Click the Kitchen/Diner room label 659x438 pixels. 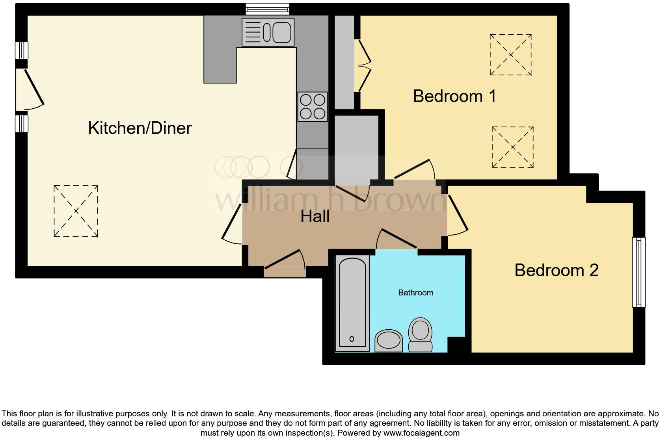point(140,128)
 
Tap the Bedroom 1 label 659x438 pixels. point(454,97)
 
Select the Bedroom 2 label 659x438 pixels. point(556,270)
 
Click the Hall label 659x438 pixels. point(315,217)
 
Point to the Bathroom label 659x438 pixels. point(415,293)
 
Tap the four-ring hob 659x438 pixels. point(313,106)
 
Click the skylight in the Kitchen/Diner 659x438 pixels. point(76,211)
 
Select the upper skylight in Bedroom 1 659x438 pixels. point(511,55)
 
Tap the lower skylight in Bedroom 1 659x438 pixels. point(512,147)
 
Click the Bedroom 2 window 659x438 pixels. point(639,272)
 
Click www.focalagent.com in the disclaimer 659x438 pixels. point(421,433)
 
